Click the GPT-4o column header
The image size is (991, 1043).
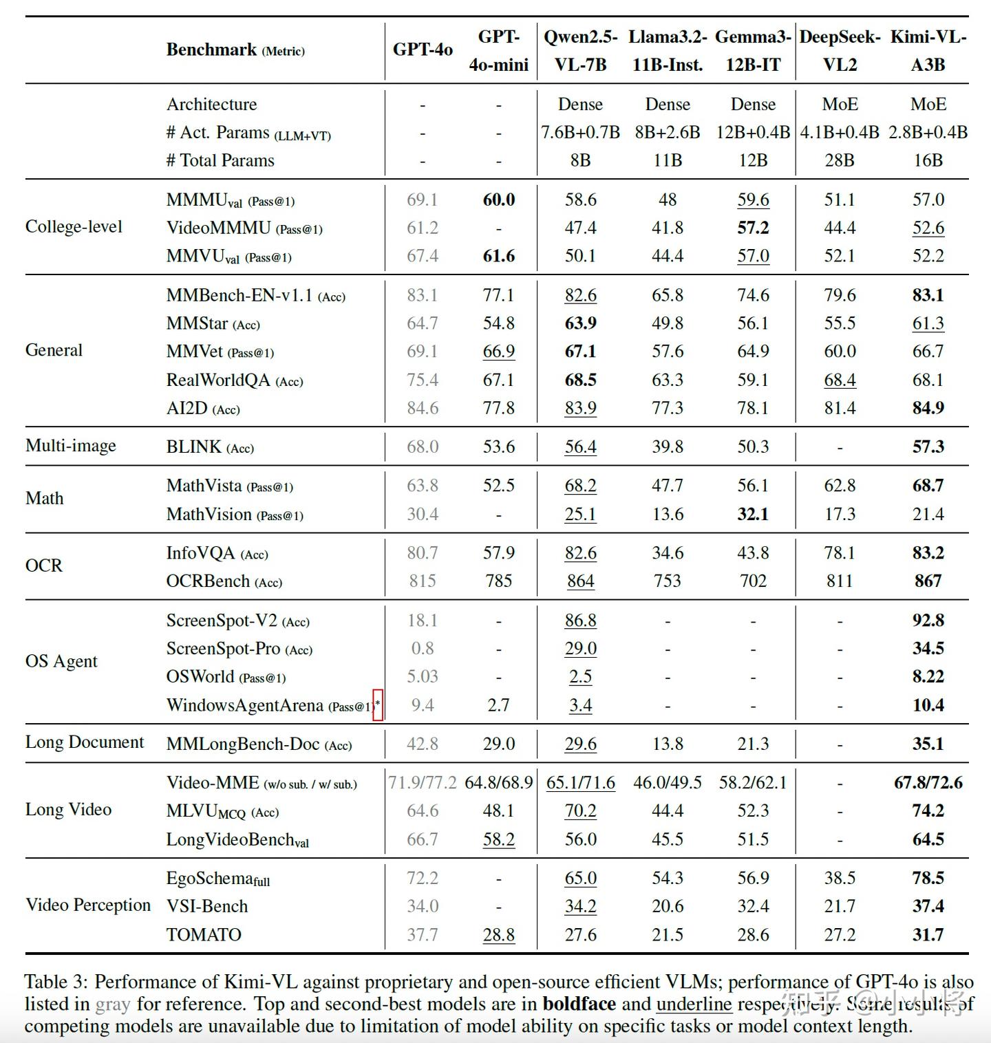[423, 50]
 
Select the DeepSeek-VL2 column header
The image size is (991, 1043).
[840, 50]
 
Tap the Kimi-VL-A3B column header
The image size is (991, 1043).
[928, 50]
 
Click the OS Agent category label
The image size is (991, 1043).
[61, 662]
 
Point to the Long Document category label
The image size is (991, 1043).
[85, 742]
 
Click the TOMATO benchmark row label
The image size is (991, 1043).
[204, 935]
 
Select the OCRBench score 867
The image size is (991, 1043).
[928, 581]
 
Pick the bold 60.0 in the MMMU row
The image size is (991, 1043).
[499, 200]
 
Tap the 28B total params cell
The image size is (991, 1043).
[840, 160]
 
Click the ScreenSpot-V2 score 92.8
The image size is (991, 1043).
[928, 621]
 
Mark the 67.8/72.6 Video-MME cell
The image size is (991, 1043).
[928, 783]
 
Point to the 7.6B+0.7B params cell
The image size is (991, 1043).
[580, 132]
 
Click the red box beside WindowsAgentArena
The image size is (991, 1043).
[378, 705]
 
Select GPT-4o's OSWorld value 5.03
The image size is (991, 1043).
[423, 677]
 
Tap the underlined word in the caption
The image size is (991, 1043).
[694, 1004]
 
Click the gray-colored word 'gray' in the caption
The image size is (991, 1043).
[113, 1005]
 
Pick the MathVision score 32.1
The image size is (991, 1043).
[753, 515]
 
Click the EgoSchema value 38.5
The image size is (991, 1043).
[840, 879]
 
